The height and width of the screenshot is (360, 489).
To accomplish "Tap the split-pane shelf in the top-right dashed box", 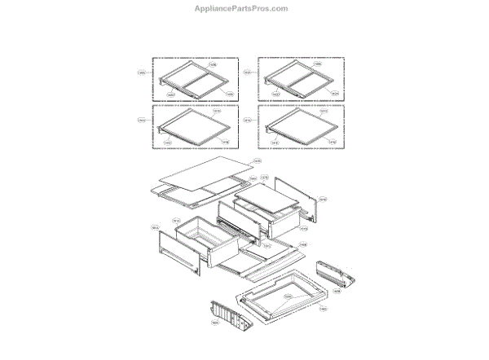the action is [300, 81].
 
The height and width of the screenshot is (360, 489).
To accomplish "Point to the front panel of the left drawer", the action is [175, 248].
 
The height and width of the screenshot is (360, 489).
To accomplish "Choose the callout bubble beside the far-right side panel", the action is [323, 198].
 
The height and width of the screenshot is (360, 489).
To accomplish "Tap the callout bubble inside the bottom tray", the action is [287, 296].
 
